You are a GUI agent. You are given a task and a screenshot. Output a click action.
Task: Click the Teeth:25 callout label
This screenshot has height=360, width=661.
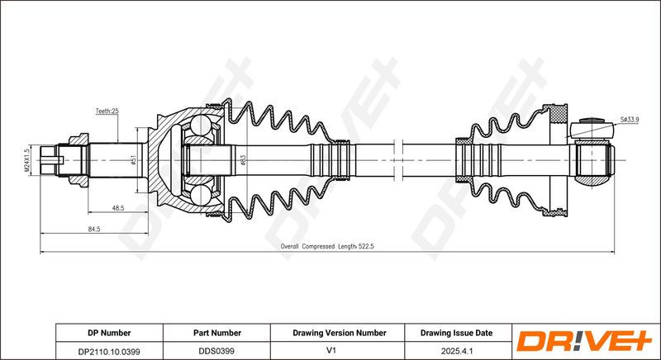(x=107, y=111)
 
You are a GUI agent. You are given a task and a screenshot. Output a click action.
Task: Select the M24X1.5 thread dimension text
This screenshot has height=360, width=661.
(x=26, y=160)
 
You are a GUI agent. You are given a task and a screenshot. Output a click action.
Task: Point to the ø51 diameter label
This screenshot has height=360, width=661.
(x=134, y=160)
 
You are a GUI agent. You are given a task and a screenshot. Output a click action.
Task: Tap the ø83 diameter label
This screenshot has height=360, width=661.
(x=243, y=160)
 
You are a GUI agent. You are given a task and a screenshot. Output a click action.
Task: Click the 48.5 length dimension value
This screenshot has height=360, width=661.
(x=117, y=208)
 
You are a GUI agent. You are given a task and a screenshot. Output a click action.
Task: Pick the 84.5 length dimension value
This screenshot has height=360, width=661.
(x=94, y=229)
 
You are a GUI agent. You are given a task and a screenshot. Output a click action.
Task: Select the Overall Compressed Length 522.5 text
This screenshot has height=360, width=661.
(x=327, y=246)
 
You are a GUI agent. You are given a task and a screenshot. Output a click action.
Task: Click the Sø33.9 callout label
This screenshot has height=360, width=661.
(x=630, y=120)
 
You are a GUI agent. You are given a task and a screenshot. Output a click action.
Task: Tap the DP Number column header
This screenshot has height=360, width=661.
(x=109, y=333)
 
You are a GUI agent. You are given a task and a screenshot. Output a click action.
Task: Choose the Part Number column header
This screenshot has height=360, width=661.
(x=217, y=333)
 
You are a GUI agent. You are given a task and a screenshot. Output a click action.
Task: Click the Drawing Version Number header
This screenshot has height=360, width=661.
(x=340, y=333)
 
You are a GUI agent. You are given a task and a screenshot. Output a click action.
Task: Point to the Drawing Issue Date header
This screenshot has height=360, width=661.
(x=456, y=333)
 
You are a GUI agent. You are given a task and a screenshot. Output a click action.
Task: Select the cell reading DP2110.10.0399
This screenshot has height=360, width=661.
(x=109, y=351)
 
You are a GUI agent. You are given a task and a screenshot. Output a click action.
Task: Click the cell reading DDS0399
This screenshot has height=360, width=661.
(x=216, y=351)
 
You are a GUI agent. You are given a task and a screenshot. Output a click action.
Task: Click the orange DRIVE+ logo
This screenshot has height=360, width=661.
(x=584, y=341)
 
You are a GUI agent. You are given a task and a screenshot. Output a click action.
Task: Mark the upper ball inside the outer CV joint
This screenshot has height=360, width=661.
(x=200, y=125)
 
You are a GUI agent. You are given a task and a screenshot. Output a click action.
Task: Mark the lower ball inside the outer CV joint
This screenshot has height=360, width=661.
(x=200, y=196)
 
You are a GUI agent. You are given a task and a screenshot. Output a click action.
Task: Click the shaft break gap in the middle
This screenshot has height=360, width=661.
(x=398, y=160)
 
